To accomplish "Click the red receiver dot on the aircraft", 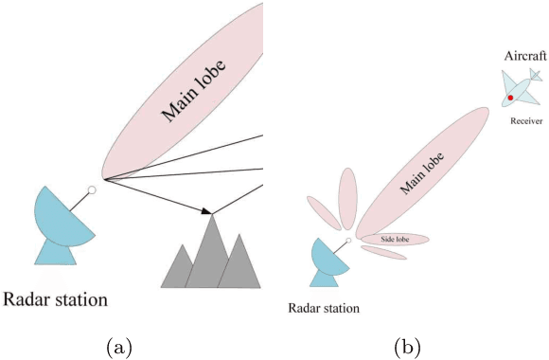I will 510,97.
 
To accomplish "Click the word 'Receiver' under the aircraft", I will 526,121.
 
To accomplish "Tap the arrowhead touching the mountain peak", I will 207,210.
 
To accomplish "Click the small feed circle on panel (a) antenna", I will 93,190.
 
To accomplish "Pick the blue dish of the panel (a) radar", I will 62,217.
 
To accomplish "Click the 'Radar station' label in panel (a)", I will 55,300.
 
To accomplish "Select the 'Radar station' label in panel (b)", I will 325,308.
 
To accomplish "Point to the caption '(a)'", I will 119,347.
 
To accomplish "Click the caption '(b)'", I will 407,347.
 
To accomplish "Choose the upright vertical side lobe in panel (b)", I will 346,197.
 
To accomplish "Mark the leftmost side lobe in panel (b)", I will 321,212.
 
